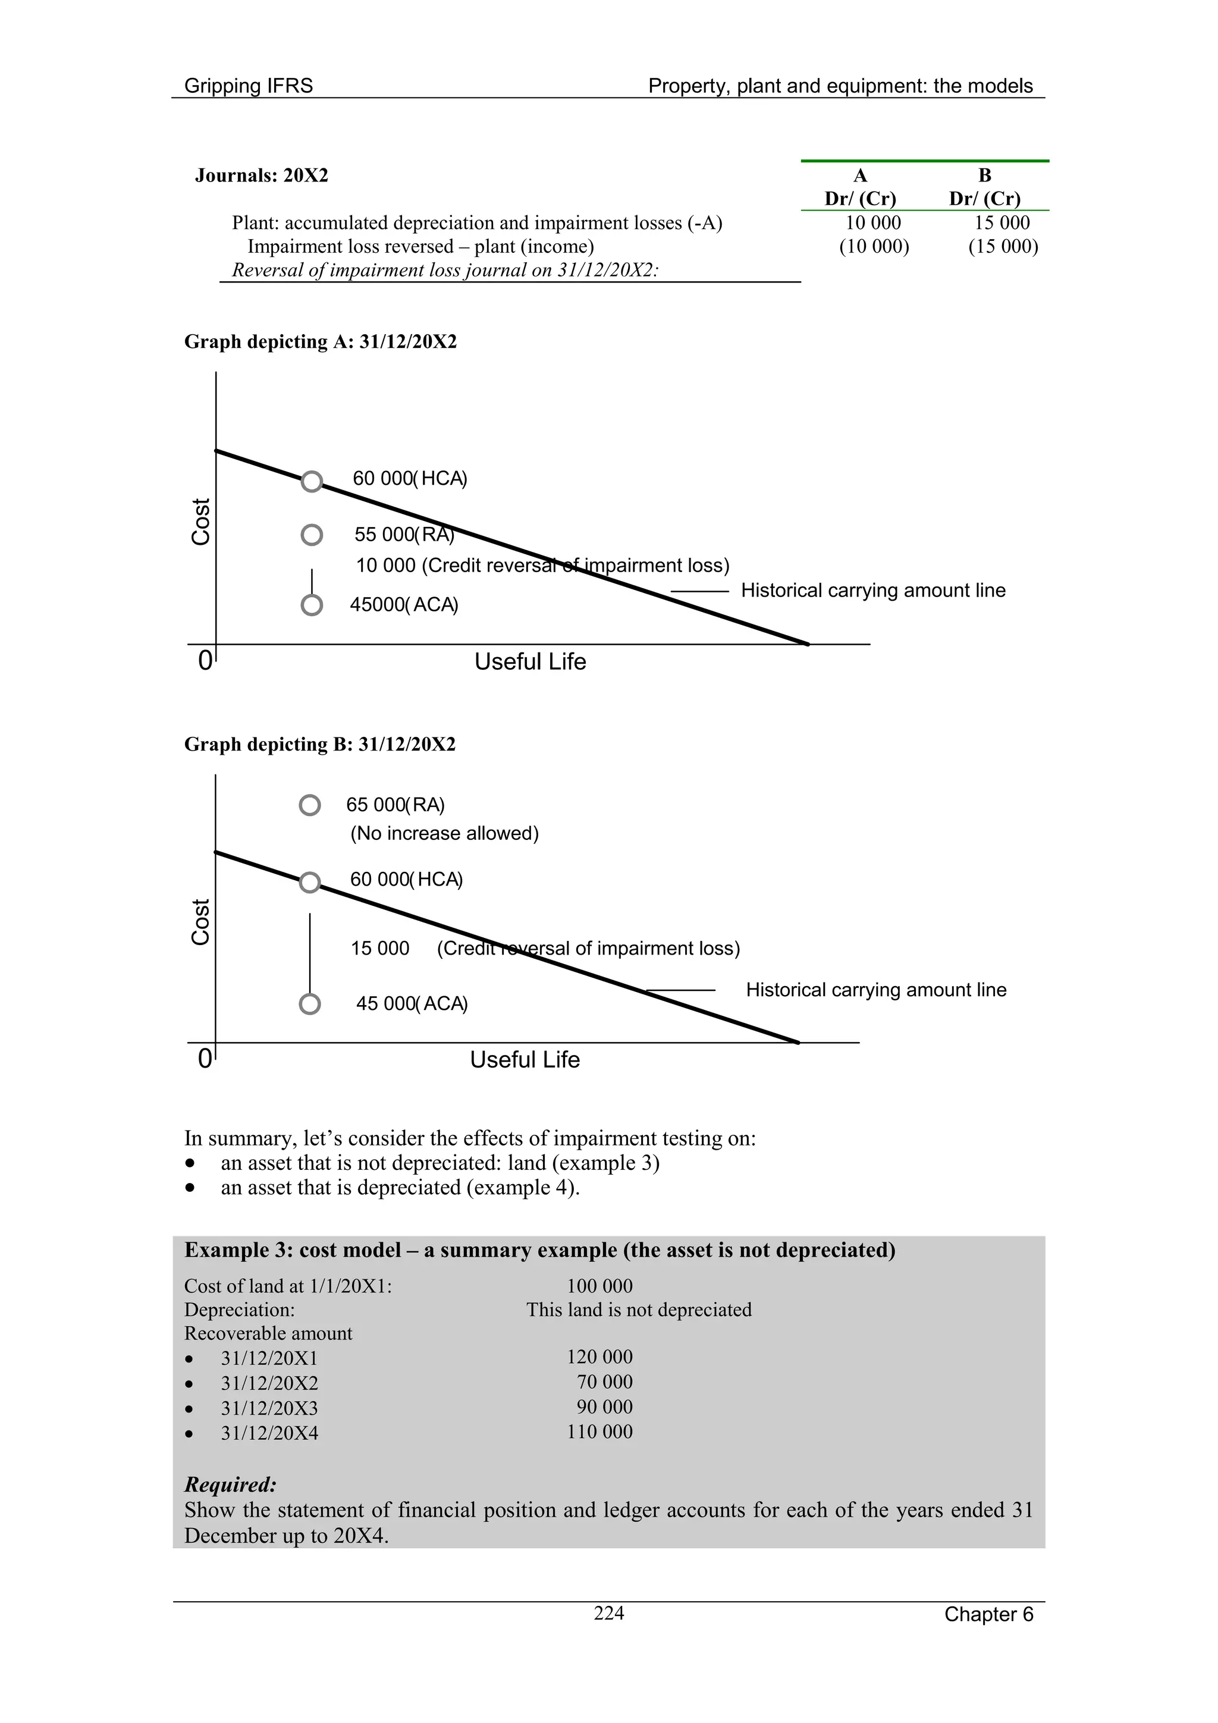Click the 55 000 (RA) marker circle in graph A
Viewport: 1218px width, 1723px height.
pyautogui.click(x=312, y=535)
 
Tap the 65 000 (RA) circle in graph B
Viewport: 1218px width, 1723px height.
pyautogui.click(x=310, y=805)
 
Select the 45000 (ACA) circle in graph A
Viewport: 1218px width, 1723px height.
pyautogui.click(x=312, y=605)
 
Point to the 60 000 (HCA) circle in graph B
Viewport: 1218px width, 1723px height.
pyautogui.click(x=310, y=883)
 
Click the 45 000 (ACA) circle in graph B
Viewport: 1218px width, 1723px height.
pyautogui.click(x=310, y=1004)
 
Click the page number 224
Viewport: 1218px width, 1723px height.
pyautogui.click(x=608, y=1613)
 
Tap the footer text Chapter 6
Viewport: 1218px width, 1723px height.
pyautogui.click(x=988, y=1614)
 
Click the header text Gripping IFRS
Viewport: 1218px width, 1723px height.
pyautogui.click(x=249, y=86)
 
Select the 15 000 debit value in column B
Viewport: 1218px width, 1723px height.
pyautogui.click(x=1002, y=223)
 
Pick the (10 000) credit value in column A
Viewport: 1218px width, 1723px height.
pyautogui.click(x=874, y=246)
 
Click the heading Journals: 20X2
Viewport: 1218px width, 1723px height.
pyautogui.click(x=261, y=175)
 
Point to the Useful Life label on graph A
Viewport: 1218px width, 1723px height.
pyautogui.click(x=530, y=662)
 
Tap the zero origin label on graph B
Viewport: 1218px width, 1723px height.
pyautogui.click(x=204, y=1059)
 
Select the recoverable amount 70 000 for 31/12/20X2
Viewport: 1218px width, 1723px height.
pyautogui.click(x=604, y=1382)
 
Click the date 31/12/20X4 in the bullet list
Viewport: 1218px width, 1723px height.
pyautogui.click(x=269, y=1433)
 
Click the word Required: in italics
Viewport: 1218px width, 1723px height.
pyautogui.click(x=230, y=1485)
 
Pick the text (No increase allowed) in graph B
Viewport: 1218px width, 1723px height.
pyautogui.click(x=444, y=833)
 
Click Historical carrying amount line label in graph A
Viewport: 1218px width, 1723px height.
pyautogui.click(x=873, y=591)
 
